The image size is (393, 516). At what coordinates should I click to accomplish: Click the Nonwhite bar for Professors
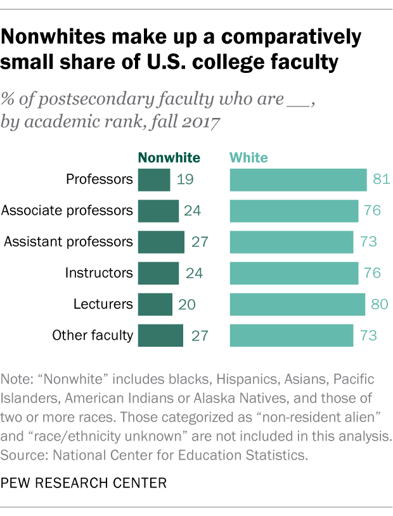[154, 180]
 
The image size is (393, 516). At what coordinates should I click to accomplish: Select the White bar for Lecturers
[297, 304]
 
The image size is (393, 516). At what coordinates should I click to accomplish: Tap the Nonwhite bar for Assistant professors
[161, 242]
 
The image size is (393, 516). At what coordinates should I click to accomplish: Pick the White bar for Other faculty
[292, 335]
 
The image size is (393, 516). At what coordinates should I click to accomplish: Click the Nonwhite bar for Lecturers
[155, 304]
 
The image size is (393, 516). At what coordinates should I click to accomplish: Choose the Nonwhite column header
[169, 158]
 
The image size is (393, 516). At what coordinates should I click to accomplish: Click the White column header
[248, 158]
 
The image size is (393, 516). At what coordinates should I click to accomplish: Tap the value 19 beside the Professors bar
[185, 180]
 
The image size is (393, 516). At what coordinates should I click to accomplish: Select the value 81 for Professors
[380, 180]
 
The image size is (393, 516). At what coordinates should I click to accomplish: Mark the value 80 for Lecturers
[379, 304]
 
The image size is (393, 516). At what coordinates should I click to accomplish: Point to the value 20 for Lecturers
[187, 304]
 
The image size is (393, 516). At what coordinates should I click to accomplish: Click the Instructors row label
[99, 273]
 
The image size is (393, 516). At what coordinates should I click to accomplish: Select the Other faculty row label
[93, 335]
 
